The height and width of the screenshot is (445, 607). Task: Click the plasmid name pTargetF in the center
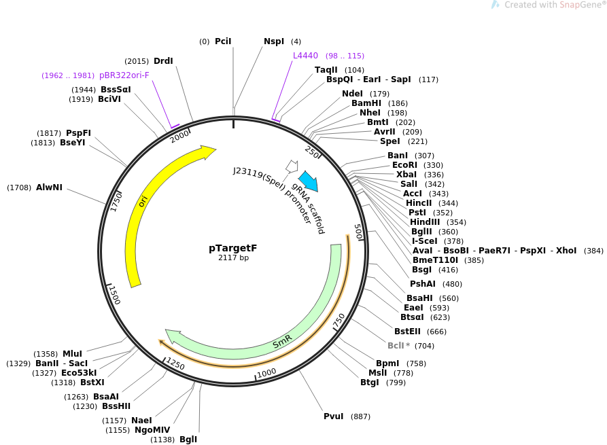232,248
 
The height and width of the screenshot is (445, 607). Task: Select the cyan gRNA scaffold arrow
308,181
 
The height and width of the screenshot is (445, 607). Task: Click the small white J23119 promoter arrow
292,166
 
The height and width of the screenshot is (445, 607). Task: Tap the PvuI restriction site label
334,416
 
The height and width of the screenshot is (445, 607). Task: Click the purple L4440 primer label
305,56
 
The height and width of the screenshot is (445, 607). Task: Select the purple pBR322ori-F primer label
124,75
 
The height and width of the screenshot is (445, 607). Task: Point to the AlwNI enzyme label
49,188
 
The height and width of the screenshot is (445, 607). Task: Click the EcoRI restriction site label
404,165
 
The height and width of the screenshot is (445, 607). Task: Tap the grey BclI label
401,346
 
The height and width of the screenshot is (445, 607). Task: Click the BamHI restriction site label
366,103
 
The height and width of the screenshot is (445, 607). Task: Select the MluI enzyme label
72,354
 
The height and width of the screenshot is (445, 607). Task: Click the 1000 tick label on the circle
266,372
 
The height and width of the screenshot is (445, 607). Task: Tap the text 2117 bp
233,258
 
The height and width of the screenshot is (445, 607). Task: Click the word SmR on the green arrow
282,341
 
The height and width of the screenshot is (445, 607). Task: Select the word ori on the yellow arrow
143,201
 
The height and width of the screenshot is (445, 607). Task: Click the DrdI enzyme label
163,61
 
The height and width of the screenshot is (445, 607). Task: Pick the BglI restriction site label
188,440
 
